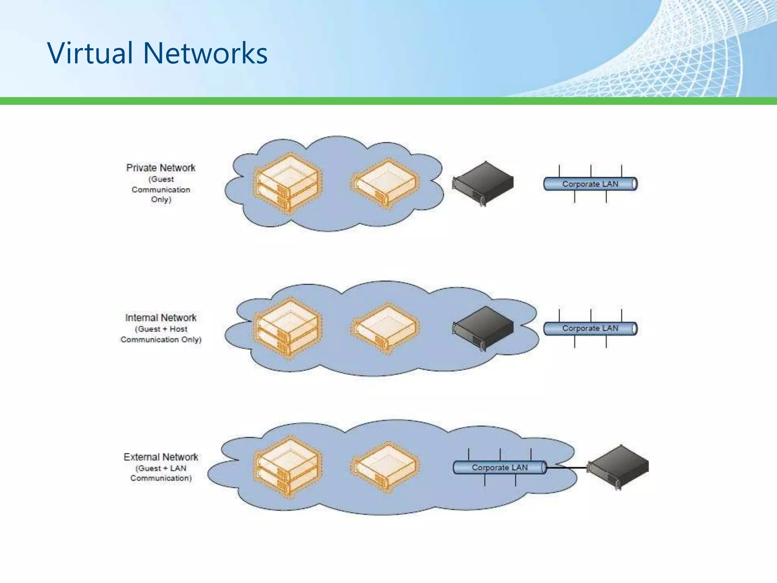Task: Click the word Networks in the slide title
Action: (205, 53)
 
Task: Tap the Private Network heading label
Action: (161, 168)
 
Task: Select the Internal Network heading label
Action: (161, 318)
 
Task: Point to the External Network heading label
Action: (161, 457)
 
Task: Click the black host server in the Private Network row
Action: (483, 183)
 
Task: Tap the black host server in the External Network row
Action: (618, 467)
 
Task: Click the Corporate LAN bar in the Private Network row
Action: (590, 184)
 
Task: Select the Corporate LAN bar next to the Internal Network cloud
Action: (590, 329)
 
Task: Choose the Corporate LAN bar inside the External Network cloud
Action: (500, 468)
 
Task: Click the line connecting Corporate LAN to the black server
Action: (567, 468)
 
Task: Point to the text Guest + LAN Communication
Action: (161, 473)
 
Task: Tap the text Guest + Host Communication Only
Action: (161, 334)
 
